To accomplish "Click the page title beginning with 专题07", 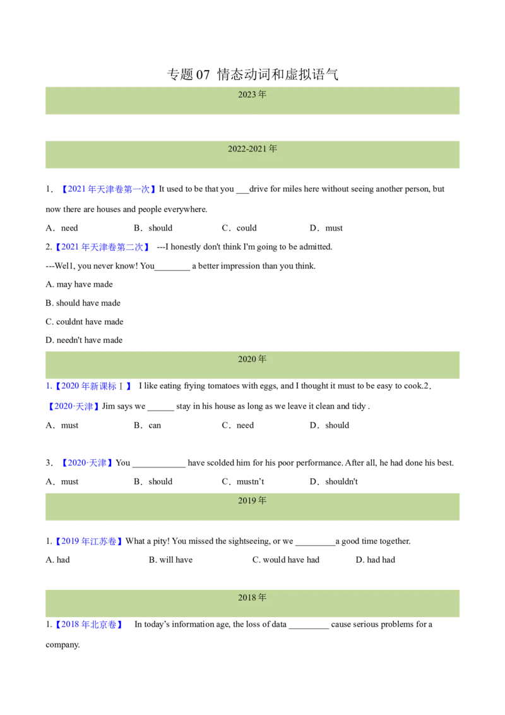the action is [x=252, y=74].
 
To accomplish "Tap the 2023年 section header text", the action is [x=252, y=94].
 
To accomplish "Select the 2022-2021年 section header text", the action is [x=252, y=148].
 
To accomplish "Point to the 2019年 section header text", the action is [x=252, y=501].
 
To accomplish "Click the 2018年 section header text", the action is [x=252, y=598].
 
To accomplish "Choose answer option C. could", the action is [x=239, y=228].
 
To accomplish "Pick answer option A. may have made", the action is [x=80, y=284].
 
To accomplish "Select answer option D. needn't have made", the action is [x=84, y=340].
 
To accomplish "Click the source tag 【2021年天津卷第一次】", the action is [x=109, y=189].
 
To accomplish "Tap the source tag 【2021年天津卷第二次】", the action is [x=102, y=247].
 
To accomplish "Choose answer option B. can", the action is [x=147, y=426].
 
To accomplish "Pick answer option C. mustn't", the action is [x=243, y=481].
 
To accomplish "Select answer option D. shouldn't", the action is [x=334, y=481].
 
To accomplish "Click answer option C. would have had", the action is [x=286, y=560].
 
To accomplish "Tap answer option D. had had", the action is [x=376, y=560].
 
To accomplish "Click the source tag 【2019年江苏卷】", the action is [x=88, y=541].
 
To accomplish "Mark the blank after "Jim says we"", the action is [x=161, y=410].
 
